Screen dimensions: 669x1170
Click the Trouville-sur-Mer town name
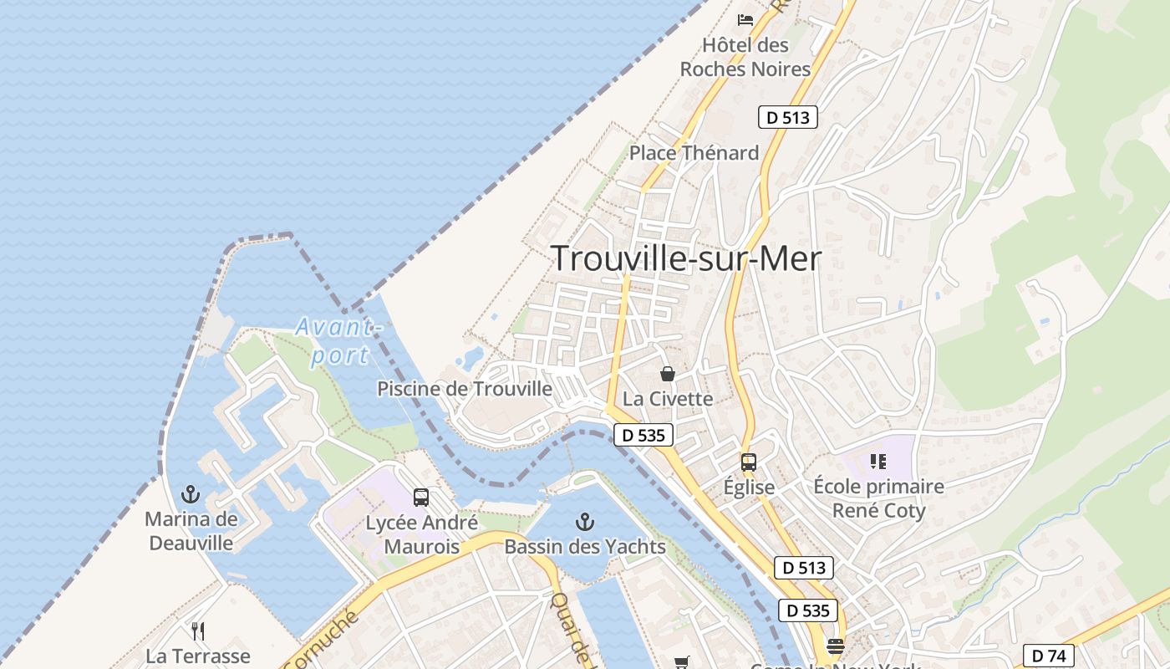point(686,258)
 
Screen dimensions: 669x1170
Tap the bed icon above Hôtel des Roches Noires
point(745,19)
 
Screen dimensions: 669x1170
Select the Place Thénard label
point(694,153)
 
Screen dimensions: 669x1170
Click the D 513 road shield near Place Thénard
point(788,117)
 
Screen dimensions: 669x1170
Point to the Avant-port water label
point(338,340)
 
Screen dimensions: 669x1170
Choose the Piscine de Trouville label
point(465,389)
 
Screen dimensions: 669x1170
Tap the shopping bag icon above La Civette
point(667,373)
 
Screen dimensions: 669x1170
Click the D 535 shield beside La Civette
point(643,435)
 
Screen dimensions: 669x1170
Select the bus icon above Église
point(748,462)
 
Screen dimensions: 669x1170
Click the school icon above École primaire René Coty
point(877,461)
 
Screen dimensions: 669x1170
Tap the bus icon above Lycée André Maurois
point(421,498)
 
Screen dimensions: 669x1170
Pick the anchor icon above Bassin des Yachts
point(585,523)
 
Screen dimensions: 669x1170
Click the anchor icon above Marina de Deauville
point(191,493)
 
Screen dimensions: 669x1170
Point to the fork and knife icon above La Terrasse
point(198,631)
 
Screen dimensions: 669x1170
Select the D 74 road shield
point(1048,655)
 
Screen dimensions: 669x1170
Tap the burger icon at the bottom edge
point(835,646)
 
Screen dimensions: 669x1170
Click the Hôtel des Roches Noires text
point(745,57)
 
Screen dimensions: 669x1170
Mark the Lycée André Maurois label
point(422,535)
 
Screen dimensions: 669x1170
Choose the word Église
point(749,487)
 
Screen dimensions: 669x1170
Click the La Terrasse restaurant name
point(198,656)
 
